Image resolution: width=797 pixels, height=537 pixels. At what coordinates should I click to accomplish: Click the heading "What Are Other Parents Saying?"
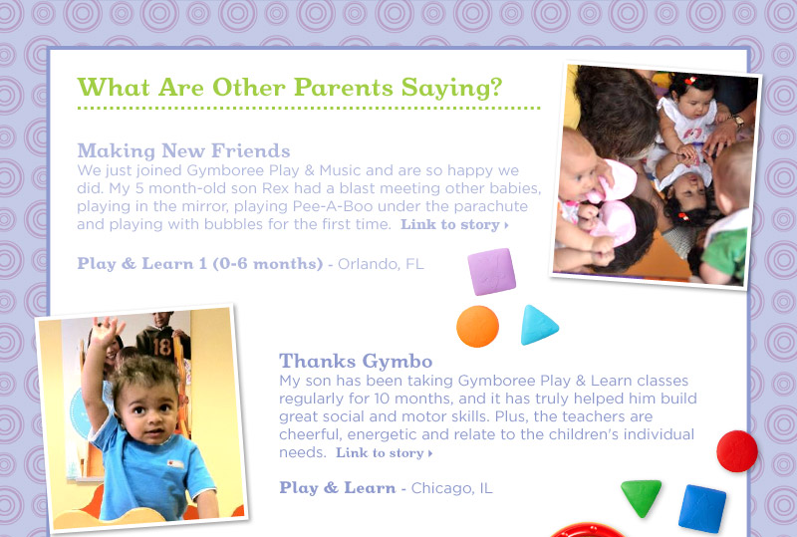pyautogui.click(x=290, y=88)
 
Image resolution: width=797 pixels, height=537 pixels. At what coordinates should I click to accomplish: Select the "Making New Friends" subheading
pyautogui.click(x=183, y=151)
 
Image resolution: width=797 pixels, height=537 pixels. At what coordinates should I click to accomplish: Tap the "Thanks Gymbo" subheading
pyautogui.click(x=356, y=361)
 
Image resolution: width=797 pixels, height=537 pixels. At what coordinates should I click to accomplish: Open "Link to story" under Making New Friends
pyautogui.click(x=454, y=224)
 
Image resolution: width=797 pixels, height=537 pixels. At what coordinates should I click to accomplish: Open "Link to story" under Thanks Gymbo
pyautogui.click(x=385, y=452)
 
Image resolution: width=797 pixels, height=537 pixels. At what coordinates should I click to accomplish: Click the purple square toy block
pyautogui.click(x=491, y=272)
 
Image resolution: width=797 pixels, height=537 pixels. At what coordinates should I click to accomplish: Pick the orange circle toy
pyautogui.click(x=477, y=327)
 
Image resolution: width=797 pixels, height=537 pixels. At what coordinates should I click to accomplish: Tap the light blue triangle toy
pyautogui.click(x=538, y=326)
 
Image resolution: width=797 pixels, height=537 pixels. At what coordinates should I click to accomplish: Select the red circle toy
pyautogui.click(x=737, y=451)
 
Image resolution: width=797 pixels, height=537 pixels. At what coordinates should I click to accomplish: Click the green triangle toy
pyautogui.click(x=641, y=496)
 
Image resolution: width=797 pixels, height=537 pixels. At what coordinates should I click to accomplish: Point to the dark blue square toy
pyautogui.click(x=702, y=508)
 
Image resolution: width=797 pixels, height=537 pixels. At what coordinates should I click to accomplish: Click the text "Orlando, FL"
pyautogui.click(x=381, y=264)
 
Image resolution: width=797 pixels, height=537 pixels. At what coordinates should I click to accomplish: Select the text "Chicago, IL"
pyautogui.click(x=452, y=488)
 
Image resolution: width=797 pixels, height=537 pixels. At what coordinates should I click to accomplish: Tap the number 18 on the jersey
pyautogui.click(x=161, y=347)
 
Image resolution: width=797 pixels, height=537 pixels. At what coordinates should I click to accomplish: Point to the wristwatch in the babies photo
pyautogui.click(x=737, y=121)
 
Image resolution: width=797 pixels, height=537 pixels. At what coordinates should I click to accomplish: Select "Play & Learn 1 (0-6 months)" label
pyautogui.click(x=200, y=264)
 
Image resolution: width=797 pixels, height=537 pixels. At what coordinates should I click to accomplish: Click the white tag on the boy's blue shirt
pyautogui.click(x=174, y=464)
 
